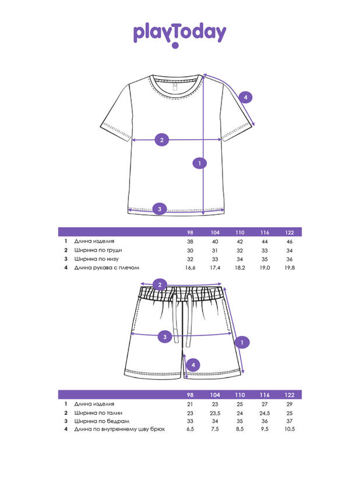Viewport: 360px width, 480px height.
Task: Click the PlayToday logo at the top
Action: coord(179,34)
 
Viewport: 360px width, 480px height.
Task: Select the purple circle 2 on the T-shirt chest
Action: coord(161,140)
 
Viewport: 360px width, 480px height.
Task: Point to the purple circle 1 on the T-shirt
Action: coord(199,164)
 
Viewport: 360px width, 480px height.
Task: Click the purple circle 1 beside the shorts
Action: coord(243,342)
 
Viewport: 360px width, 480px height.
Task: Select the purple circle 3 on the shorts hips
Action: coord(165,336)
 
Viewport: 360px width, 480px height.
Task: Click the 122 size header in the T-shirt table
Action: coord(290,232)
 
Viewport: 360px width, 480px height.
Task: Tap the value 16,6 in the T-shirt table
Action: coord(190,267)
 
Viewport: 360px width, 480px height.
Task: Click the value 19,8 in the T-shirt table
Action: coord(290,267)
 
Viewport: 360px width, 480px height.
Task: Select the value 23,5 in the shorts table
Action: coord(215,412)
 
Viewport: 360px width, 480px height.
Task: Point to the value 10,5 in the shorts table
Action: coord(290,429)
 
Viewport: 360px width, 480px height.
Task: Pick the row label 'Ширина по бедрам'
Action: coord(97,421)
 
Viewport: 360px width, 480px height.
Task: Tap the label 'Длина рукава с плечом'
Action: coord(107,267)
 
